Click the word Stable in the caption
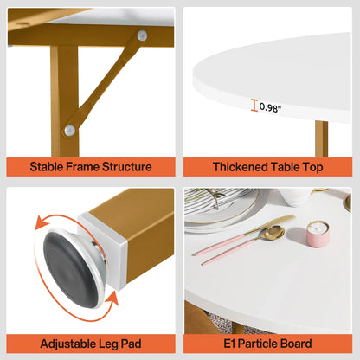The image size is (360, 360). click(x=48, y=166)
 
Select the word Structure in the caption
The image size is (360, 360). click(x=129, y=166)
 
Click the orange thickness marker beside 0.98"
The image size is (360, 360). click(x=254, y=106)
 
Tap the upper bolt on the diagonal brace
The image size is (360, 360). click(x=142, y=35)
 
